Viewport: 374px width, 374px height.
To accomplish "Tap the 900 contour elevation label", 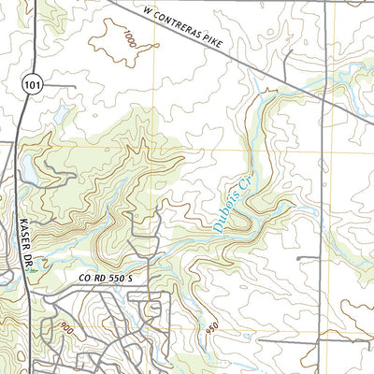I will click(65, 326).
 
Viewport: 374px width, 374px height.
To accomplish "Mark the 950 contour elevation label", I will click(214, 331).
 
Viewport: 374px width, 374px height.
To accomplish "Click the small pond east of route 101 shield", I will click(61, 114).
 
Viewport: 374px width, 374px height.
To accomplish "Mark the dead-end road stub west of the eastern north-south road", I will click(309, 257).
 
